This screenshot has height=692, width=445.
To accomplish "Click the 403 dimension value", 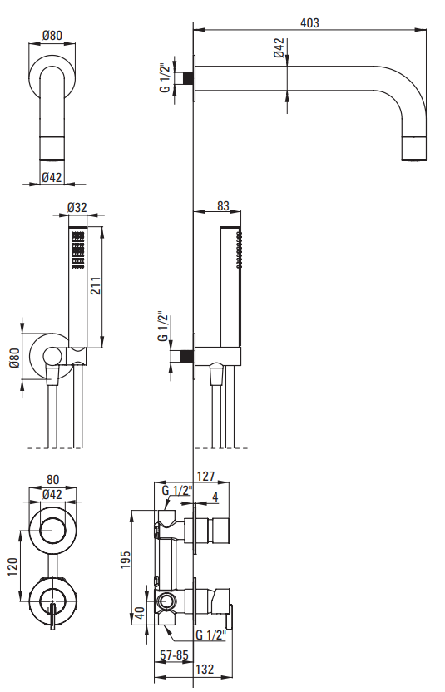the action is click(309, 22).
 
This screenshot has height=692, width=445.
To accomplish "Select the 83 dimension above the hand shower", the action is click(224, 205).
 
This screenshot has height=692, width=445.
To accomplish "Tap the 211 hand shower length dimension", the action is click(96, 285).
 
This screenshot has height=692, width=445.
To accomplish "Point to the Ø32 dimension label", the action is click(77, 207).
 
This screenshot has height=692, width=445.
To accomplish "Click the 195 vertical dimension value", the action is click(126, 560).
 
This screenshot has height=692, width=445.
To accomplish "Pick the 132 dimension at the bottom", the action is click(205, 669).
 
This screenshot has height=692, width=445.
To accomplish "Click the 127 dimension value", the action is click(205, 477).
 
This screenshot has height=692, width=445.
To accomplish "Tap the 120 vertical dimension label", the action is click(12, 566).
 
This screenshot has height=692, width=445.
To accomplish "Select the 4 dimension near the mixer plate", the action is click(215, 497).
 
